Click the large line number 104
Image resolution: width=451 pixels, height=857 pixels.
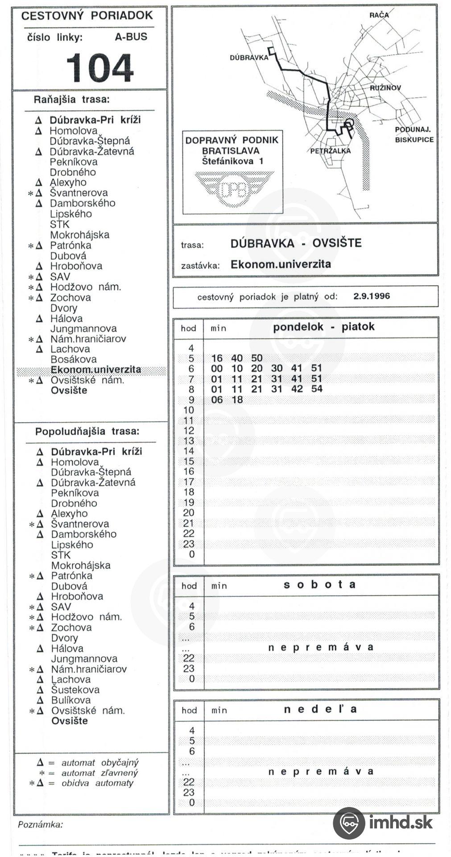pyautogui.click(x=100, y=68)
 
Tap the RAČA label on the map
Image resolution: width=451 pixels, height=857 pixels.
pyautogui.click(x=379, y=15)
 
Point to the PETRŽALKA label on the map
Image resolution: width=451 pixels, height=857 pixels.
pyautogui.click(x=331, y=151)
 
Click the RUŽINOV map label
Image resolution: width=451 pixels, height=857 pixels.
pyautogui.click(x=385, y=88)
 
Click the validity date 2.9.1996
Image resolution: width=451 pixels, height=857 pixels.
pyautogui.click(x=371, y=296)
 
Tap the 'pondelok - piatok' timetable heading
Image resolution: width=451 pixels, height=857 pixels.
pyautogui.click(x=323, y=327)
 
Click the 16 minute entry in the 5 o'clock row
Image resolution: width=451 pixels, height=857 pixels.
pyautogui.click(x=217, y=358)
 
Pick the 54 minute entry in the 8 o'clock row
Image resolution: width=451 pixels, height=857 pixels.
pyautogui.click(x=317, y=389)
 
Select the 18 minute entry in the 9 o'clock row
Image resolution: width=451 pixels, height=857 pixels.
pyautogui.click(x=237, y=399)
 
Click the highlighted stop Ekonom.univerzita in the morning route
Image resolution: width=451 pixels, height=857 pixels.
pyautogui.click(x=95, y=370)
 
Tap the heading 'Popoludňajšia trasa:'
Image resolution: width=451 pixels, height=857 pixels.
pyautogui.click(x=87, y=432)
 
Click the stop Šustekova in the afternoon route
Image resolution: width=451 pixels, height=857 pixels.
pyautogui.click(x=75, y=690)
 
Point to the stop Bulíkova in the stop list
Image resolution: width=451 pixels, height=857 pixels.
pyautogui.click(x=71, y=700)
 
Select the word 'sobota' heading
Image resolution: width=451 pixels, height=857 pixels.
pyautogui.click(x=319, y=585)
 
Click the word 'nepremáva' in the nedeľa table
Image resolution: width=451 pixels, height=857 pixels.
pyautogui.click(x=320, y=772)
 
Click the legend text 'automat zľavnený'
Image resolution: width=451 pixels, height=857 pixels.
pyautogui.click(x=99, y=773)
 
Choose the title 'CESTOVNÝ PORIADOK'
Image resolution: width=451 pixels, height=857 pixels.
pyautogui.click(x=87, y=16)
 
